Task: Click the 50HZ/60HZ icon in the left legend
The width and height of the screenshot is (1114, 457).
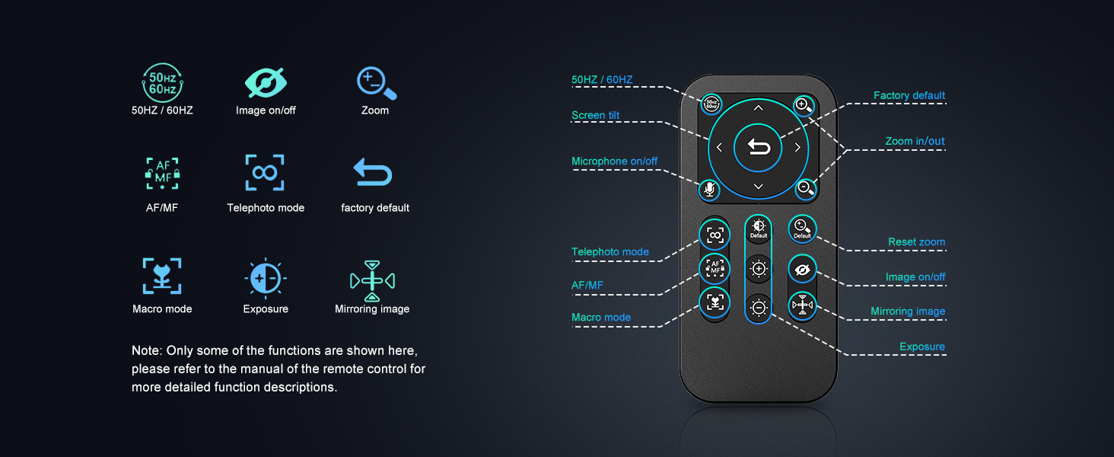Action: (x=162, y=82)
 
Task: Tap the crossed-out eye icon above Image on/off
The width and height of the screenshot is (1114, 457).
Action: (x=266, y=82)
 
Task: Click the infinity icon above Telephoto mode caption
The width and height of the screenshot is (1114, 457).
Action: (x=265, y=172)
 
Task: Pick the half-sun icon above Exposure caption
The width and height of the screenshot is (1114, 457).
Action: (x=266, y=278)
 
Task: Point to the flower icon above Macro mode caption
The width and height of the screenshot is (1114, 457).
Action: (x=162, y=276)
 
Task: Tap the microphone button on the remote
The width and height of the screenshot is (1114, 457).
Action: (x=709, y=190)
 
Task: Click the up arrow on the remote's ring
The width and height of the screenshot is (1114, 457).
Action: (x=758, y=107)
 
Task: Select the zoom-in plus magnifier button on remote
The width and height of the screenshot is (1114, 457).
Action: (x=804, y=106)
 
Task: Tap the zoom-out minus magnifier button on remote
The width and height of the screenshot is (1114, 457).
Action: (x=805, y=189)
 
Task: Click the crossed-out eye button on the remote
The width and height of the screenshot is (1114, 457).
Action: (x=802, y=270)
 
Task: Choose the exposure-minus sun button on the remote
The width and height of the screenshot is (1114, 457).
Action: (x=759, y=308)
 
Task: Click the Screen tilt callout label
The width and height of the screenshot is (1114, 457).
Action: (x=595, y=115)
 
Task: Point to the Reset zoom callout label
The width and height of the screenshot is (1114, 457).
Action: (x=917, y=242)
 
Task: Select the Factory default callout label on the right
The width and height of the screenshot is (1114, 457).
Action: (x=909, y=95)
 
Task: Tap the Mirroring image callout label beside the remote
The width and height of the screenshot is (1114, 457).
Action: (x=908, y=311)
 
